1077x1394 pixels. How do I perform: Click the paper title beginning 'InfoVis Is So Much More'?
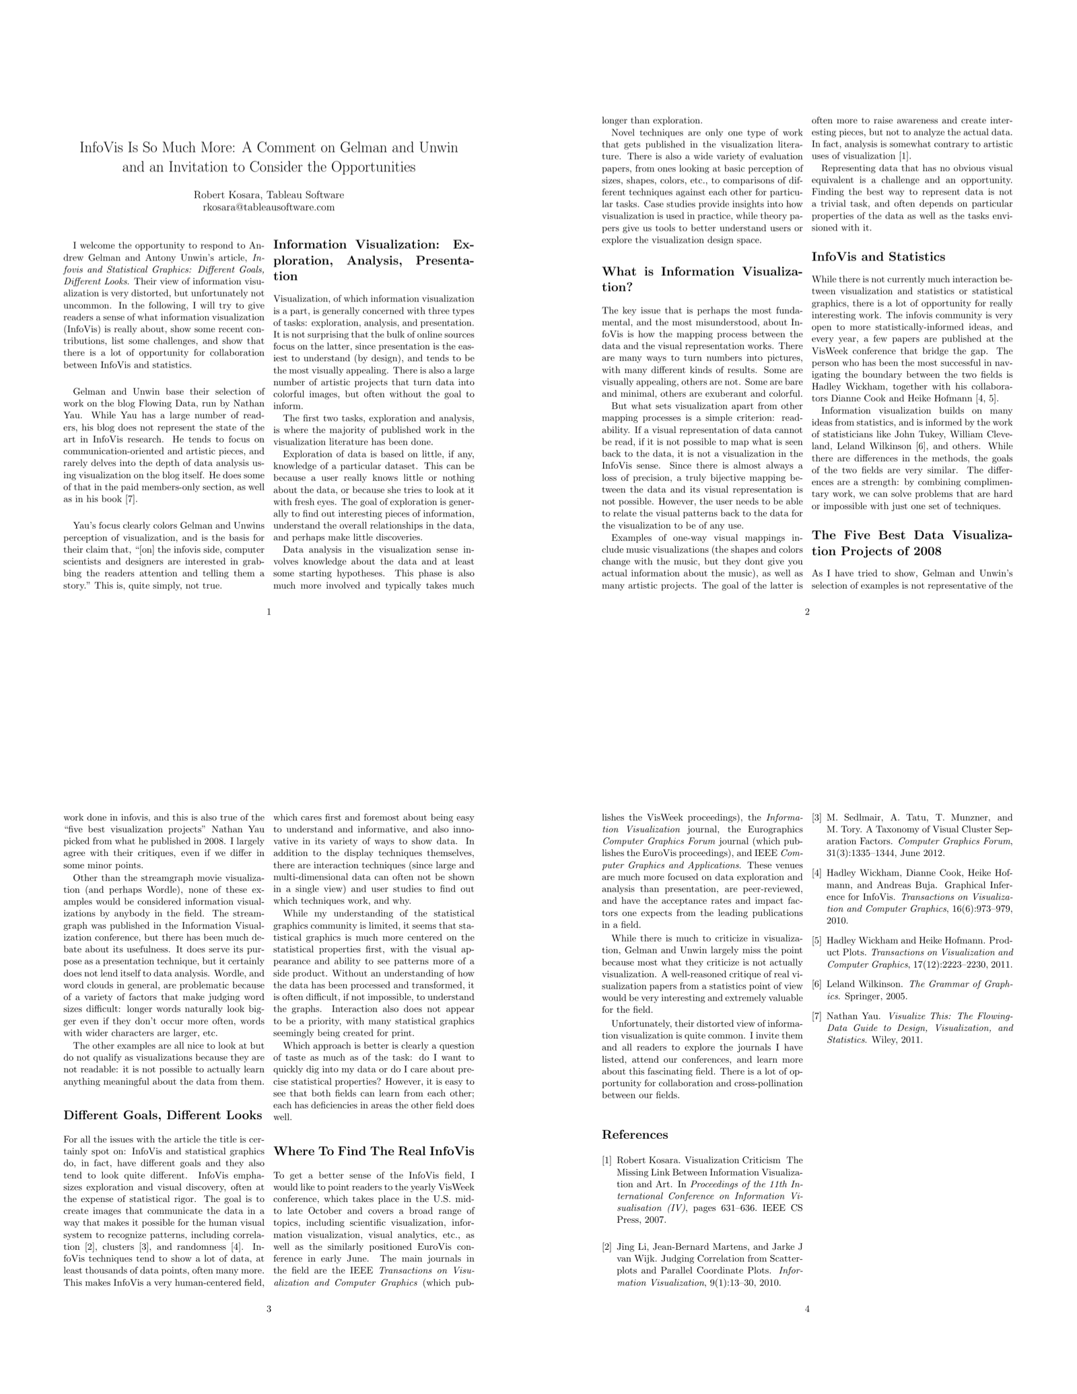pos(269,157)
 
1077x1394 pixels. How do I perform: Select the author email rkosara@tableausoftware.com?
pos(269,207)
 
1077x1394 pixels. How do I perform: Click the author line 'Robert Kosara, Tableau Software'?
pos(269,195)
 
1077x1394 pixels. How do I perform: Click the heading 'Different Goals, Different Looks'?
pos(162,1115)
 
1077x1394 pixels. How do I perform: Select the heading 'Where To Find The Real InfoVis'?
pos(374,1151)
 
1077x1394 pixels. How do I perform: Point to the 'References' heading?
pos(635,1135)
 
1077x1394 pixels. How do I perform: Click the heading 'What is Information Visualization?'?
pos(702,279)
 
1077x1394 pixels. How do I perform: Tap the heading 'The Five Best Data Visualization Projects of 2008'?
pos(912,543)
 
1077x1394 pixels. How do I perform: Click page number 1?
pos(269,611)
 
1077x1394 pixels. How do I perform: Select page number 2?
pos(807,611)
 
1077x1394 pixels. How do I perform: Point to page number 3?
pos(269,1309)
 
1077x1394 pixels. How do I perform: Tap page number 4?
pos(807,1309)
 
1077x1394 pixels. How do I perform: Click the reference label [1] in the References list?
pos(607,1160)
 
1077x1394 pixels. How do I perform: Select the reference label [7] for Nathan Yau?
pos(817,1016)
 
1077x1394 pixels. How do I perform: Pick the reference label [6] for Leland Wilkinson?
pos(817,984)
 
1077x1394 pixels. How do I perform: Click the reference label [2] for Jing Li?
pos(607,1247)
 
